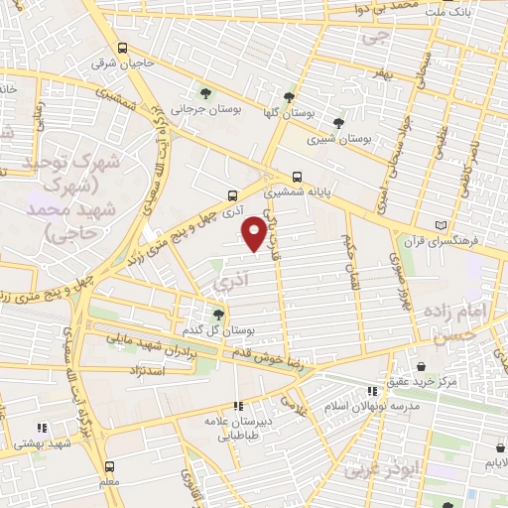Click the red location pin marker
click(x=254, y=232)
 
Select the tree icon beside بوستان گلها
click(x=289, y=97)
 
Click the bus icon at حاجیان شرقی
click(x=122, y=48)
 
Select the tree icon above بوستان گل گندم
click(x=218, y=314)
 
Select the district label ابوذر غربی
click(x=381, y=468)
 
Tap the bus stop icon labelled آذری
click(x=232, y=195)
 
